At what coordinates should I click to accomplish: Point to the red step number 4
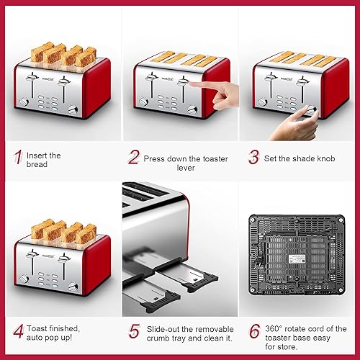point(17,332)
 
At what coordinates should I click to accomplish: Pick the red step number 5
point(135,332)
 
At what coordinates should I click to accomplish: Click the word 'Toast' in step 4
point(40,328)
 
